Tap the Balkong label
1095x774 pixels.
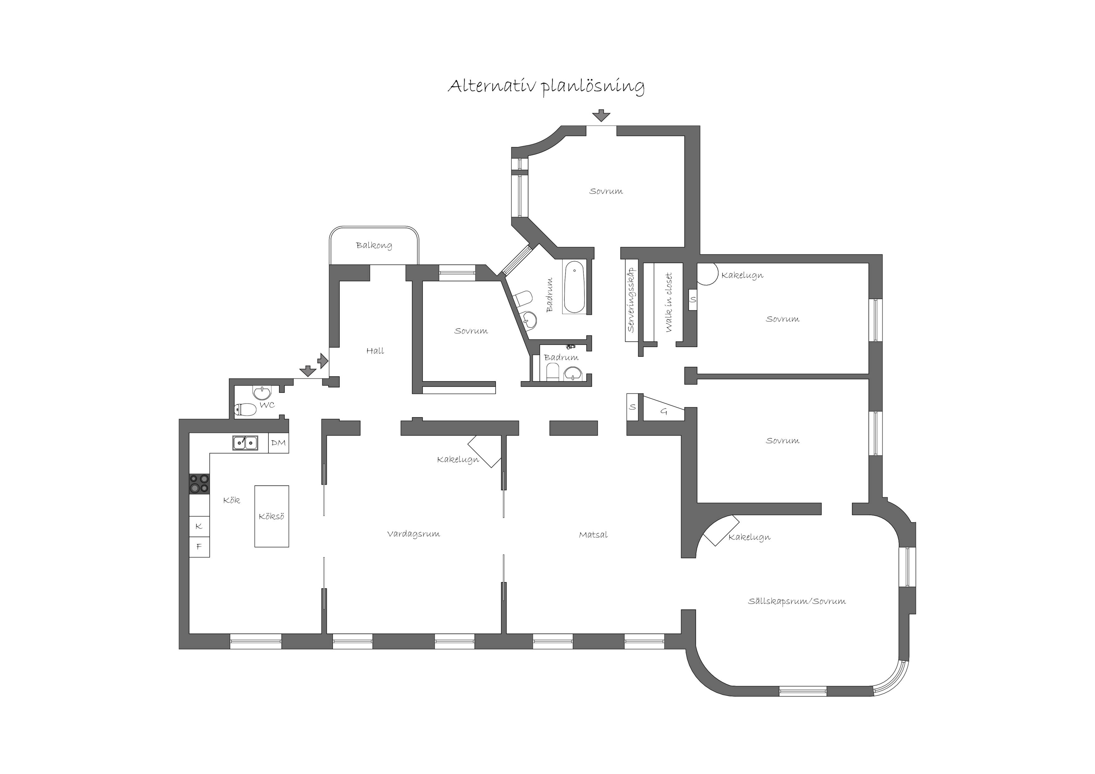374,246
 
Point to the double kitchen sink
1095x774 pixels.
245,443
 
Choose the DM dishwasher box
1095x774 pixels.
278,443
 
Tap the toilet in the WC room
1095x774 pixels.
245,409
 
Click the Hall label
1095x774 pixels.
375,351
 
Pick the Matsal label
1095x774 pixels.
593,535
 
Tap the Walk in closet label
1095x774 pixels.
669,302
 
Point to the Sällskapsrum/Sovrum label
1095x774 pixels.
797,601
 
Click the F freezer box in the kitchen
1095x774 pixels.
199,547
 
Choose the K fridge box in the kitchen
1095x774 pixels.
199,527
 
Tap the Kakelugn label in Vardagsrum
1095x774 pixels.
458,460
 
